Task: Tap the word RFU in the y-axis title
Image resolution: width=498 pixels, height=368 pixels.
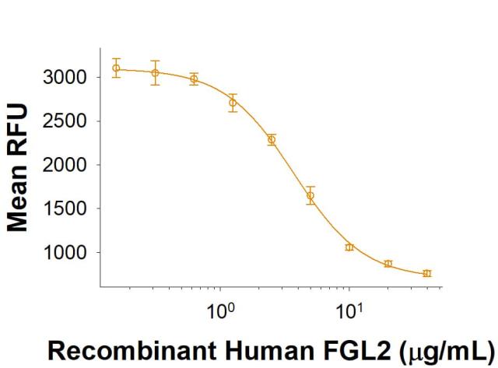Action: tap(17, 124)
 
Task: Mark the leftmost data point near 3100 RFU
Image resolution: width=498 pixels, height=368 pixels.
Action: tap(116, 68)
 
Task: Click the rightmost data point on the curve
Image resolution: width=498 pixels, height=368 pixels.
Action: tap(426, 273)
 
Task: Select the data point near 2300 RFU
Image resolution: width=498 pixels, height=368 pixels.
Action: tap(272, 140)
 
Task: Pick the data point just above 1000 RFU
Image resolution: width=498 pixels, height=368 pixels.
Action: tap(349, 247)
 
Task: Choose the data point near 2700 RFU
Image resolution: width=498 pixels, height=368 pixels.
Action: tap(233, 103)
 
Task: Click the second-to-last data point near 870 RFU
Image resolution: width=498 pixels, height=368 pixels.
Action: tap(388, 264)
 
